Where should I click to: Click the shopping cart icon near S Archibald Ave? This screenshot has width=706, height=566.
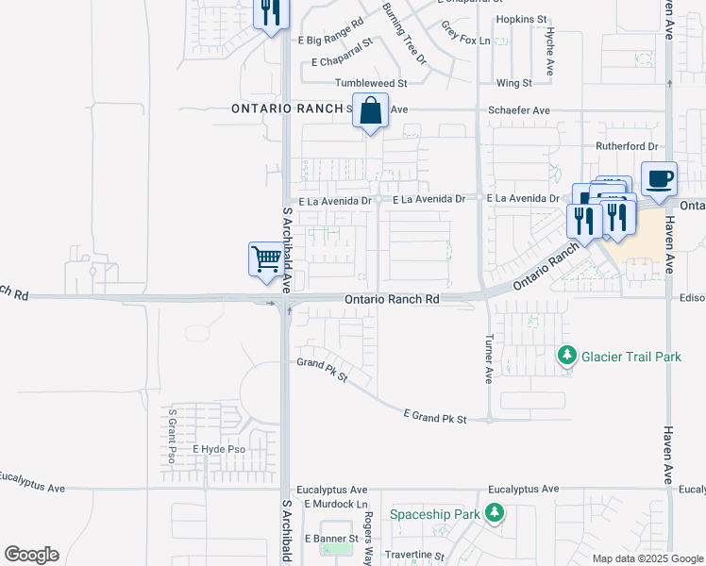click(x=267, y=258)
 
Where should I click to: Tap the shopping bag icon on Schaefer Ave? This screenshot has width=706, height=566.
click(x=371, y=110)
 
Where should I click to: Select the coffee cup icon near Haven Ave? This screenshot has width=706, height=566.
click(x=660, y=178)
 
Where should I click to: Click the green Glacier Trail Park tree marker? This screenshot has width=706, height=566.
click(x=566, y=356)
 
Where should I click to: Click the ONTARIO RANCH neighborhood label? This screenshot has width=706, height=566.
click(x=287, y=109)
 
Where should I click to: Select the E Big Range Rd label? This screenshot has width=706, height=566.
click(x=331, y=41)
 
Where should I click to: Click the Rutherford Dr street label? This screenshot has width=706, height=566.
click(x=626, y=146)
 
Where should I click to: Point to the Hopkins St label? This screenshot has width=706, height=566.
click(x=521, y=19)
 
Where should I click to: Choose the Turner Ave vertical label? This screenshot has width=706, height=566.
click(x=488, y=359)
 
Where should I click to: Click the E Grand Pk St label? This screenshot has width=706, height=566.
click(x=435, y=416)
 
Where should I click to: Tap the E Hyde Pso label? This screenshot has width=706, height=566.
click(x=219, y=449)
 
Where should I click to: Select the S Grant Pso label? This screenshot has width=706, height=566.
click(x=172, y=436)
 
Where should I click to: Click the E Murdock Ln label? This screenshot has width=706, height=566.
click(x=335, y=505)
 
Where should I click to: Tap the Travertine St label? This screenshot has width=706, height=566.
click(x=413, y=556)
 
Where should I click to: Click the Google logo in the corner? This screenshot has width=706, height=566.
click(x=31, y=555)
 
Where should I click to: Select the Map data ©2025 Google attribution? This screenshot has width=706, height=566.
click(x=647, y=558)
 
